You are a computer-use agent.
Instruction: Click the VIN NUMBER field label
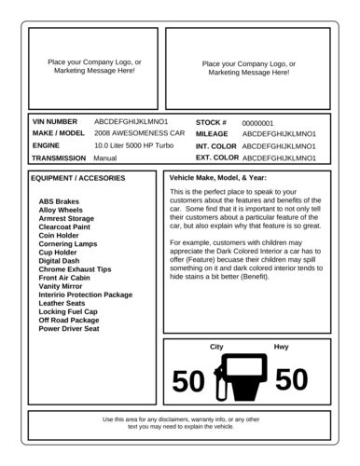click(x=55, y=122)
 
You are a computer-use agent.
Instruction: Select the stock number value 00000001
click(x=257, y=123)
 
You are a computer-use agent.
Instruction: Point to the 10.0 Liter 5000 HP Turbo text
click(x=134, y=146)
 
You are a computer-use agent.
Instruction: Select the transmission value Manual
click(x=105, y=158)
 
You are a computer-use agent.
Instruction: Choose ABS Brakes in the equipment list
click(x=59, y=201)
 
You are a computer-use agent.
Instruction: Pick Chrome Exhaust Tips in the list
click(x=75, y=269)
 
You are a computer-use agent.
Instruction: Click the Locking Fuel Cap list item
click(x=70, y=311)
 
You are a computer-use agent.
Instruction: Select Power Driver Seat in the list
click(x=69, y=329)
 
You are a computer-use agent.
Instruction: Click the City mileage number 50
click(x=188, y=381)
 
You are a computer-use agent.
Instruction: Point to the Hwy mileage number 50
click(x=291, y=379)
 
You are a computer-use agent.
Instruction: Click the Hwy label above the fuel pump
click(x=281, y=347)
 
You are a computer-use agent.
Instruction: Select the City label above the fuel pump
click(x=216, y=347)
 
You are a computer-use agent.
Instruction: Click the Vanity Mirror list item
click(x=61, y=286)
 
